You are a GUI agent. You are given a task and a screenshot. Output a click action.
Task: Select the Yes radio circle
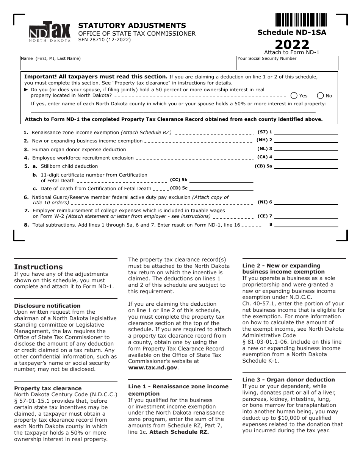[x=294, y=96]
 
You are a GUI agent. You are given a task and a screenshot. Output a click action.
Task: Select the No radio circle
[x=320, y=96]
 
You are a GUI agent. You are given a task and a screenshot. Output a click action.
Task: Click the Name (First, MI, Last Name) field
[x=128, y=63]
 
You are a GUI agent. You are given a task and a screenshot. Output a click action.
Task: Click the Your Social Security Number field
[x=287, y=63]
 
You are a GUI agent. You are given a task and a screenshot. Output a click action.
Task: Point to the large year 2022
[x=292, y=44]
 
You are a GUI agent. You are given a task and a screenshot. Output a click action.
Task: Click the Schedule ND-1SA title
[x=292, y=33]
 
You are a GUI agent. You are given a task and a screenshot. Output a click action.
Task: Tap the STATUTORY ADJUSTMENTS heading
[x=132, y=26]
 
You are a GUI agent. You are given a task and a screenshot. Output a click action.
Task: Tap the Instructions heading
[x=38, y=267]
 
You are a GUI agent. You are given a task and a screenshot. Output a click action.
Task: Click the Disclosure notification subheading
[x=47, y=306]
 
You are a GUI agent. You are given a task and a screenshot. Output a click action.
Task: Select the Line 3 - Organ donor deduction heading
[x=288, y=380]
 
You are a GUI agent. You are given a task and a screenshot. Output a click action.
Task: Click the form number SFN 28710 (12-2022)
[x=104, y=39]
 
